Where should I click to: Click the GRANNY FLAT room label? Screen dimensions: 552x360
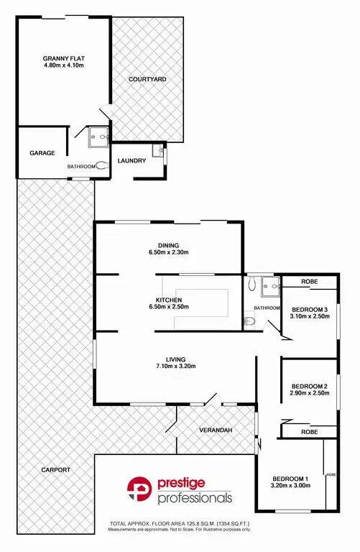point(63,58)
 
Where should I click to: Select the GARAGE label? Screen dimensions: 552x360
point(42,153)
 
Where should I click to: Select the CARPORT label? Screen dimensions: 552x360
point(56,469)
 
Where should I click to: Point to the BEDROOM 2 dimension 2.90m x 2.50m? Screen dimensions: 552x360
point(310,393)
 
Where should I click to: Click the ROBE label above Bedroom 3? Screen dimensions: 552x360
point(310,282)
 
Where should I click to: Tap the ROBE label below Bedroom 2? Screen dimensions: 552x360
point(310,431)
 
